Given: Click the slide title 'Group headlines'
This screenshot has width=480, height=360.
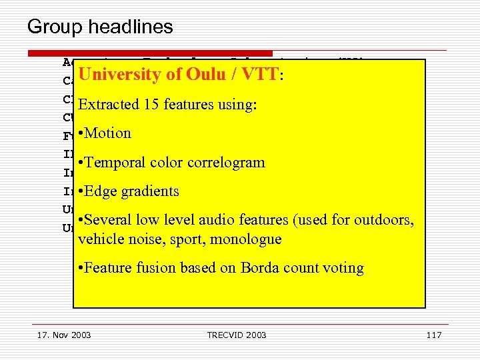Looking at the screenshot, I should click(x=100, y=27).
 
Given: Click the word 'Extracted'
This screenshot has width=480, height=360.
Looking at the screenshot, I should click(x=107, y=105).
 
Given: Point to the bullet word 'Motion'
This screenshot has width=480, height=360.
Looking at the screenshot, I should click(x=108, y=133).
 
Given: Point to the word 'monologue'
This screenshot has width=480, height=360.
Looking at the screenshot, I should click(x=249, y=239).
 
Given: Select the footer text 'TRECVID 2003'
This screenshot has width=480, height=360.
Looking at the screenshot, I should click(x=236, y=334).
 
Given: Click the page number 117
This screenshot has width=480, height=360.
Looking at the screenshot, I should click(x=433, y=334).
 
